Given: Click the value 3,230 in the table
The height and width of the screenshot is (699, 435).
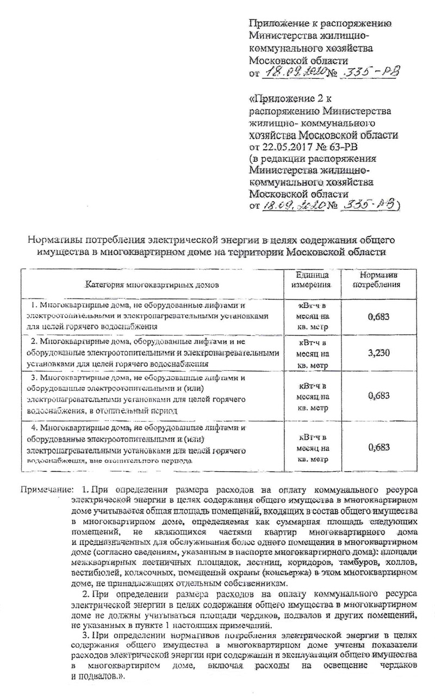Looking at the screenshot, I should (378, 353).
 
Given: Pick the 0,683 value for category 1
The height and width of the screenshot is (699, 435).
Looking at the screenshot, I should (378, 316).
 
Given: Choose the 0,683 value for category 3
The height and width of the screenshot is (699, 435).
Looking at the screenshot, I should (378, 396).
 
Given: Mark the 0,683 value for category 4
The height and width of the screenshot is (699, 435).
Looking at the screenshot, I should (378, 447).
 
